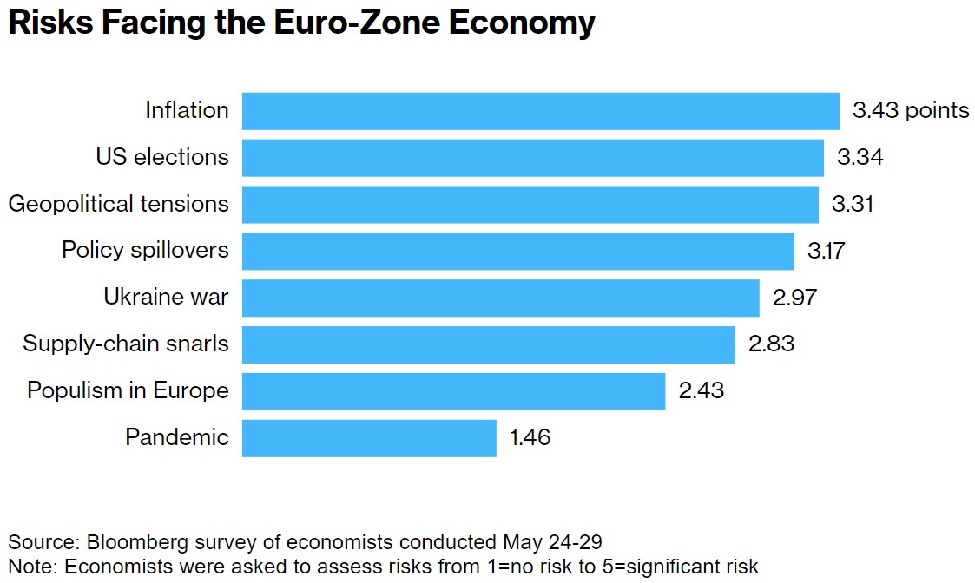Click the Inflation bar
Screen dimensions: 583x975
(x=540, y=111)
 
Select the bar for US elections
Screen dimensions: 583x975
(x=532, y=158)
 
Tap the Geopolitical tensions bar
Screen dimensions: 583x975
(x=530, y=205)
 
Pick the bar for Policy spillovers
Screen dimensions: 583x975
(x=517, y=251)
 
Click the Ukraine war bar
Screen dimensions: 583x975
(x=500, y=298)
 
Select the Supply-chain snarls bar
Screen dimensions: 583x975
(x=488, y=344)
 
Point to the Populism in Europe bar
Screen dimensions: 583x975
(x=453, y=391)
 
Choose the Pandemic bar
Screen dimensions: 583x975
(x=369, y=437)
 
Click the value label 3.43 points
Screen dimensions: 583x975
(x=911, y=111)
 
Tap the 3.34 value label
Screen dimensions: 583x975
(x=860, y=158)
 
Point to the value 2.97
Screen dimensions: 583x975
(x=795, y=298)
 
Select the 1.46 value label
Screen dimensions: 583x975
(x=530, y=437)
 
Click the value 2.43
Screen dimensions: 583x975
(x=701, y=391)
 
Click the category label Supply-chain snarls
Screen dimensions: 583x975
(x=126, y=344)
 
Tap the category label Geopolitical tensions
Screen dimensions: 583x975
(x=119, y=205)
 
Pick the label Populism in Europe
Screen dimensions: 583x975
(x=128, y=391)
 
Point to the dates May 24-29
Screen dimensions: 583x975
(x=553, y=543)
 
